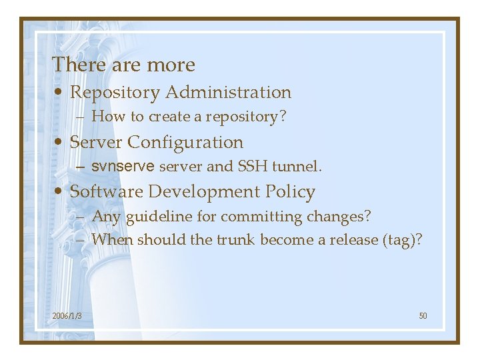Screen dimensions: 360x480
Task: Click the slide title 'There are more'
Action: (x=123, y=65)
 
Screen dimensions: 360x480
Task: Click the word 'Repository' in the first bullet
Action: (x=115, y=93)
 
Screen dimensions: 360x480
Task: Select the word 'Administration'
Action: (x=228, y=92)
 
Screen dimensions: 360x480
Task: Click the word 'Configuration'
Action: (x=185, y=143)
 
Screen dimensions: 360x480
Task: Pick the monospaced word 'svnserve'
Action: (x=123, y=166)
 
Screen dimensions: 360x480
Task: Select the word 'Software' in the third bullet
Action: (x=107, y=192)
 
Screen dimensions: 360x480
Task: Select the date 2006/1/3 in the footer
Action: (x=67, y=315)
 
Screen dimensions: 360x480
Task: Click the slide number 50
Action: (x=423, y=315)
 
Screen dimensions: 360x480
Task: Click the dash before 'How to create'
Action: (x=80, y=117)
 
